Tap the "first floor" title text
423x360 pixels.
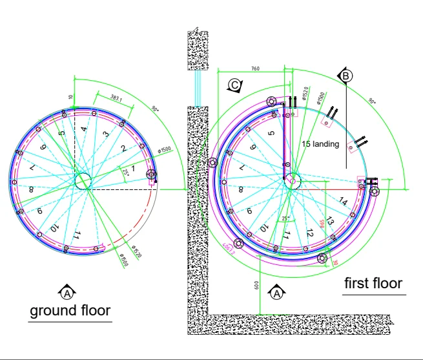click(373, 283)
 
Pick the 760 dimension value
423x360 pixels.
click(254, 68)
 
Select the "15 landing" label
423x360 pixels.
click(320, 143)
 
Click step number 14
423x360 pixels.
click(343, 202)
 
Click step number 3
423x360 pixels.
click(105, 134)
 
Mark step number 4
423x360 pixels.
click(84, 129)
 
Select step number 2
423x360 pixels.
click(123, 148)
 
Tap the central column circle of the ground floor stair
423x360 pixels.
click(83, 182)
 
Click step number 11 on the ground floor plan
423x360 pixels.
click(77, 234)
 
